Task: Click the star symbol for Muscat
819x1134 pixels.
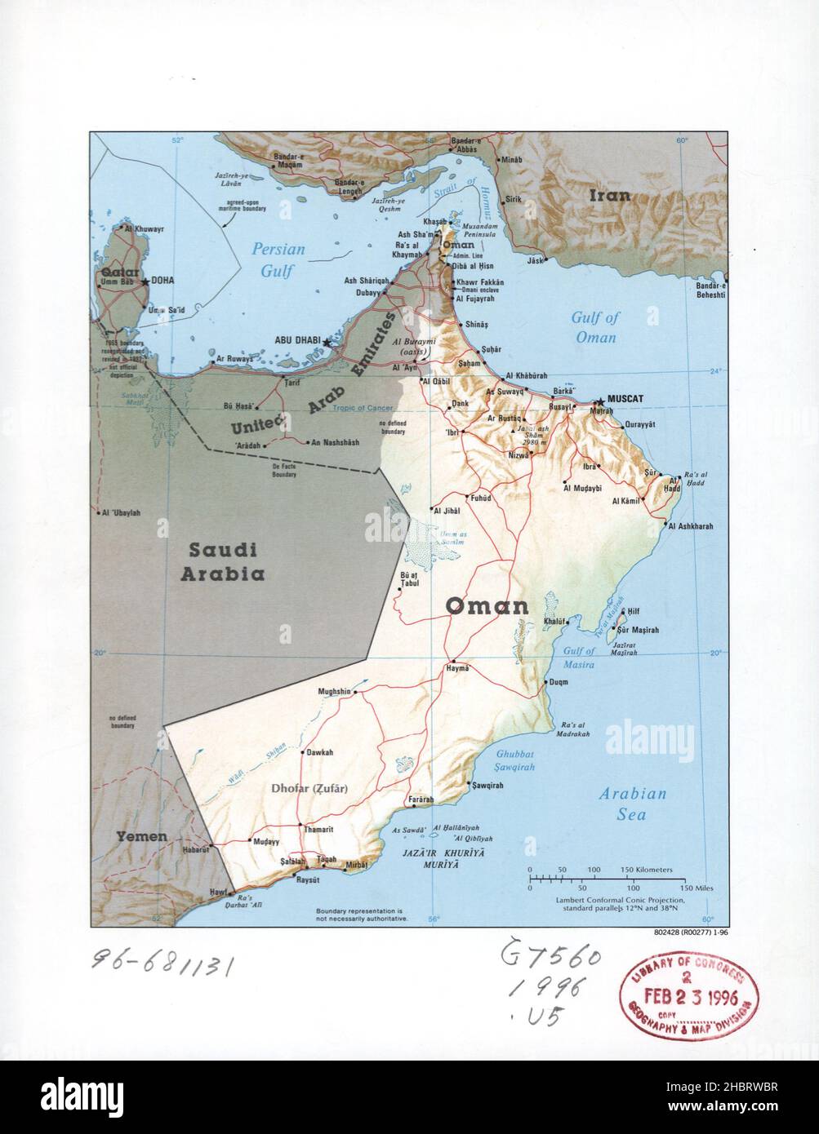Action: coord(601,401)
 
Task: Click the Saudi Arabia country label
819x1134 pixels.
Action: coord(220,560)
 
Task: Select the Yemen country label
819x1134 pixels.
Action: coord(140,836)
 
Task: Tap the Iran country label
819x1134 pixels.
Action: coord(611,195)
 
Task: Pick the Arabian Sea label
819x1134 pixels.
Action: coord(632,803)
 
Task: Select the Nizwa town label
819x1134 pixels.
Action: coord(506,458)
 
